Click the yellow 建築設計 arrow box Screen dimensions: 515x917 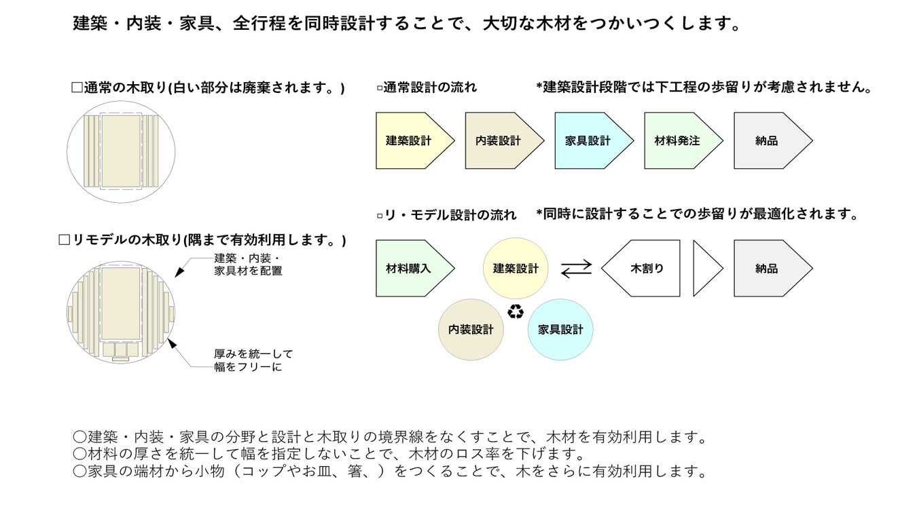410,141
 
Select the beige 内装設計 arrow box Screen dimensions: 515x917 499,141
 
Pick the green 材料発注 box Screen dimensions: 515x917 678,141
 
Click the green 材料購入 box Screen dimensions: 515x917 410,269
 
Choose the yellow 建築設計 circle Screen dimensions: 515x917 516,269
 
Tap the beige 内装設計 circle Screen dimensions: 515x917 471,330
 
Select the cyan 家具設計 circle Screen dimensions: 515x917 560,330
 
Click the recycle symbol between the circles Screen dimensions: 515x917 516,312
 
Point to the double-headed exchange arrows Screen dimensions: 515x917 576,269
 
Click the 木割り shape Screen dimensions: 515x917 645,269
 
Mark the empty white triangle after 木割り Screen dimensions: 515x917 704,269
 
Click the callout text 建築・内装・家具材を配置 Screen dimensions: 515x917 248,265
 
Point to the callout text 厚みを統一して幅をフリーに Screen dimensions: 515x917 253,360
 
